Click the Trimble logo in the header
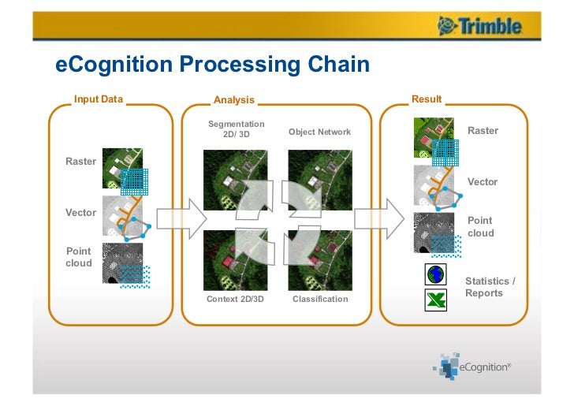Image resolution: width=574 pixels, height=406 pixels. (480, 27)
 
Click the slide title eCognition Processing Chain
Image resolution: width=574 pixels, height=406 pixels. (212, 64)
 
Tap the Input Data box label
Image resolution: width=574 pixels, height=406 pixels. (99, 99)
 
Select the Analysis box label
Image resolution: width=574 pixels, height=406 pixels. (234, 100)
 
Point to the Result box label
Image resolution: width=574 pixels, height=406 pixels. (427, 99)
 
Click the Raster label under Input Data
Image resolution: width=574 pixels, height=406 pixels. (80, 162)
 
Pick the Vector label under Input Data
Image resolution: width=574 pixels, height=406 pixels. (80, 213)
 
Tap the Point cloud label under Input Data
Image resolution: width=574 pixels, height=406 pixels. (79, 257)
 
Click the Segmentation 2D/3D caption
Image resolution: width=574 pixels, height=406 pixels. (236, 129)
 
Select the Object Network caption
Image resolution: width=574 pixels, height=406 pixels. (319, 132)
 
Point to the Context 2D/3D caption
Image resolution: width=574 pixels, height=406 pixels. (236, 300)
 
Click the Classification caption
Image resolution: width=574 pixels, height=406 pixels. (320, 300)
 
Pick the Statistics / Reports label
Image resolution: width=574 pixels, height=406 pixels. (490, 287)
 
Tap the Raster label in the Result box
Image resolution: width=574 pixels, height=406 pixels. (483, 131)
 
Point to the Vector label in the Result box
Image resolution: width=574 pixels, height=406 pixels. (483, 182)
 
